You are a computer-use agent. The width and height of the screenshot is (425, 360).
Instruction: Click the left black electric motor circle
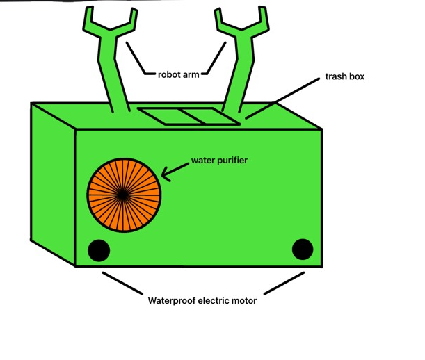tap(98, 250)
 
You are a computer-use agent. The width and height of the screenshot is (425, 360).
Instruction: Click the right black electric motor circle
tap(303, 249)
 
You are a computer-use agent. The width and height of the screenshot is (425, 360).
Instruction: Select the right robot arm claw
tap(241, 25)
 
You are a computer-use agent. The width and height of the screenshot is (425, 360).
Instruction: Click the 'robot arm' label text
tap(178, 74)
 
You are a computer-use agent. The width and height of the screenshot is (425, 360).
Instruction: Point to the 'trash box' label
tap(345, 76)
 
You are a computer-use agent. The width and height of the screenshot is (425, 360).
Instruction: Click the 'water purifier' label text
tap(220, 161)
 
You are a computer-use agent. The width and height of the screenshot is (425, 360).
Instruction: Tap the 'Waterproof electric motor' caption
tap(202, 301)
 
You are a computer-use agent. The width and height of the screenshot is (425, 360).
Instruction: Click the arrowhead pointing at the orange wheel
tap(166, 174)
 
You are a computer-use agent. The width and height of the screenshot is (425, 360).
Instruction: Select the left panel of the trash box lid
tap(159, 117)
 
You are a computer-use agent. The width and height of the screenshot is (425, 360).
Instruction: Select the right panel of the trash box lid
tap(207, 117)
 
